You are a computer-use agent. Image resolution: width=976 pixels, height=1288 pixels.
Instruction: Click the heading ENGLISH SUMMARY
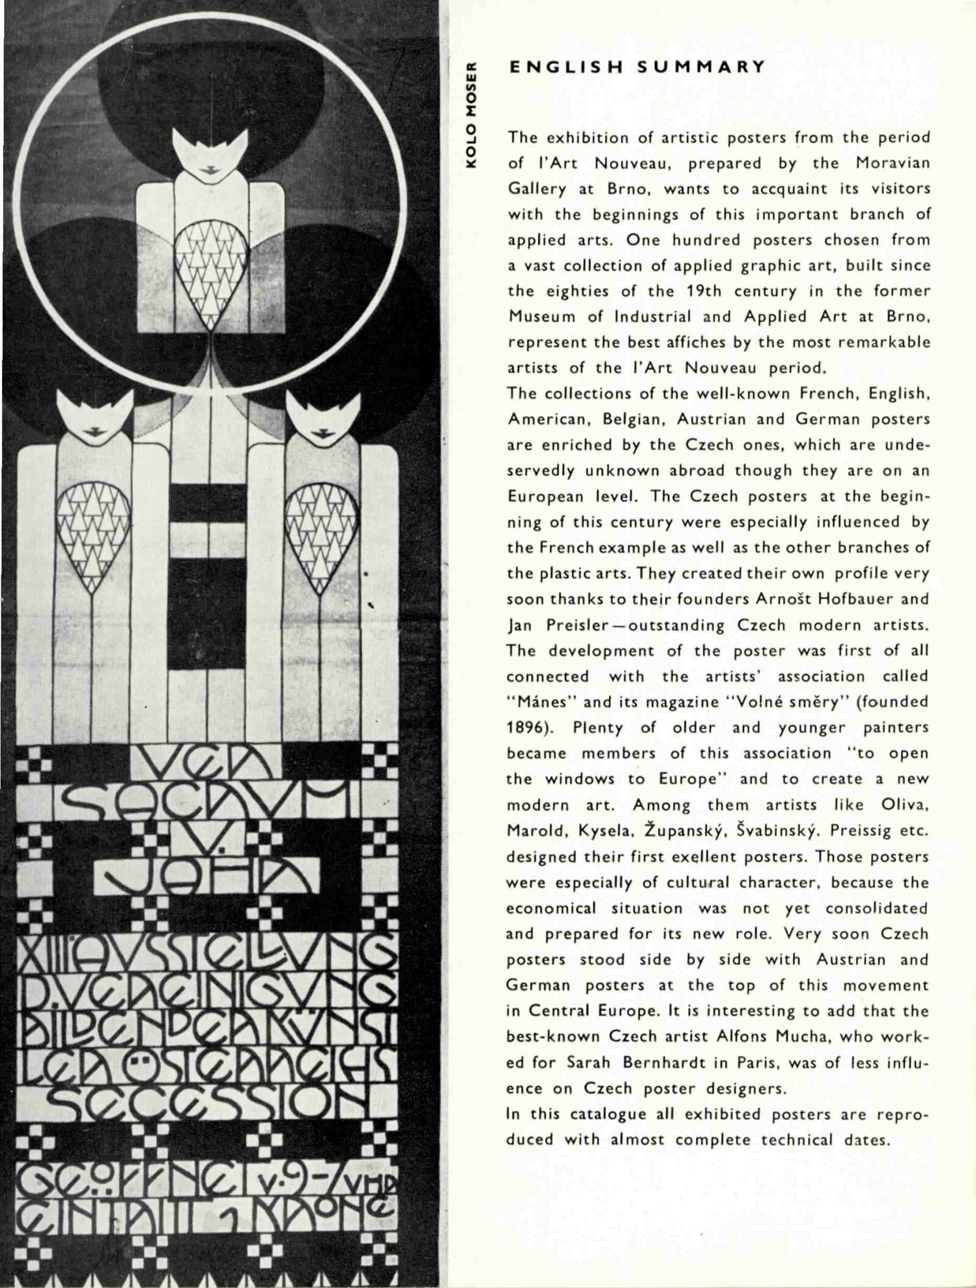click(x=637, y=67)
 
